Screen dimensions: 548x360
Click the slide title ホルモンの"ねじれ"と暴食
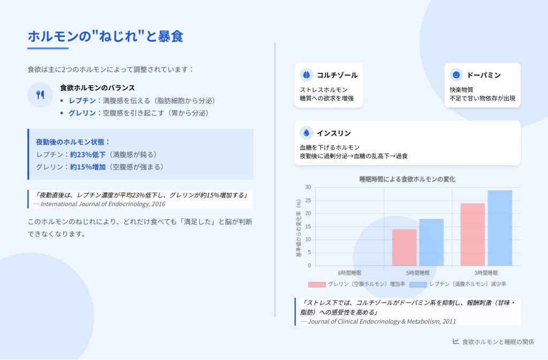pyautogui.click(x=105, y=36)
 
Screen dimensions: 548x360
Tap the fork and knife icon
pyautogui.click(x=40, y=95)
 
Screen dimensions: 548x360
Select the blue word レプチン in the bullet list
pyautogui.click(x=82, y=101)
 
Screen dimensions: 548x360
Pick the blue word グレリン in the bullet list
pyautogui.click(x=82, y=113)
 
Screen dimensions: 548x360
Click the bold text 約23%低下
pyautogui.click(x=88, y=155)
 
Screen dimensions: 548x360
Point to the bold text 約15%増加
pyautogui.click(x=88, y=167)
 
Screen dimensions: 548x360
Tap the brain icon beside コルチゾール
pyautogui.click(x=307, y=75)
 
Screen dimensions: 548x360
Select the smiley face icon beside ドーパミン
pyautogui.click(x=456, y=75)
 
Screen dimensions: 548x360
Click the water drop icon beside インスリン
pyautogui.click(x=307, y=133)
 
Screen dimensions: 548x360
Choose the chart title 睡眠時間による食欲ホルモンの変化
pyautogui.click(x=407, y=179)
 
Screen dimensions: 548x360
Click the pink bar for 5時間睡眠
pyautogui.click(x=405, y=248)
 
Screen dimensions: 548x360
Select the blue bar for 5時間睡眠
pyautogui.click(x=432, y=242)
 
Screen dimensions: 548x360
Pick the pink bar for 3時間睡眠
pyautogui.click(x=473, y=235)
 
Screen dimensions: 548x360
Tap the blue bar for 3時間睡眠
pyautogui.click(x=500, y=228)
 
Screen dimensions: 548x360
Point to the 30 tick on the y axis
pyautogui.click(x=308, y=187)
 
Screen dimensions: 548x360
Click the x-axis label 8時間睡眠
pyautogui.click(x=349, y=273)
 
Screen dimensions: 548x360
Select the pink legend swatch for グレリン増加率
pyautogui.click(x=317, y=285)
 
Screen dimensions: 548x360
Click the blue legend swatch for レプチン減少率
pyautogui.click(x=418, y=285)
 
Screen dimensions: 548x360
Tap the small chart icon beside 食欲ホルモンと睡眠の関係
pyautogui.click(x=456, y=341)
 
